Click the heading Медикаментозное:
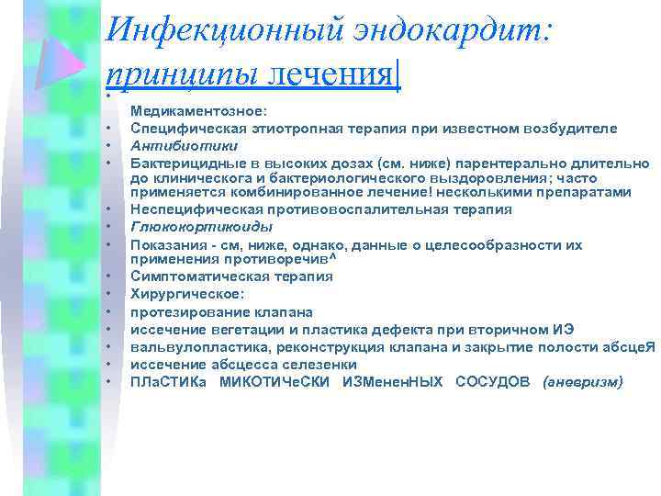[x=198, y=110]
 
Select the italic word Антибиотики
[x=172, y=145]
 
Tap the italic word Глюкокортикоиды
[x=188, y=226]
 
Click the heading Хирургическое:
[x=186, y=294]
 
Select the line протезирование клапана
[x=221, y=311]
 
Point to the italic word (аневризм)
[x=582, y=381]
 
